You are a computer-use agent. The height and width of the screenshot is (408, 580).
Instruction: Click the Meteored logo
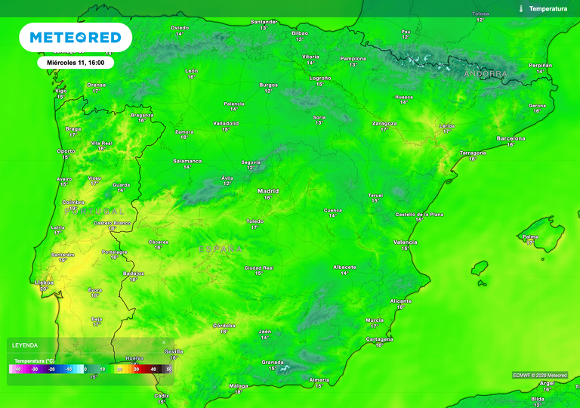coord(76,37)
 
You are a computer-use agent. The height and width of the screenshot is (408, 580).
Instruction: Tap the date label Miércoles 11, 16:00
coord(76,63)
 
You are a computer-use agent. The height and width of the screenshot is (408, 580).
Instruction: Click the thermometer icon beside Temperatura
coord(521,8)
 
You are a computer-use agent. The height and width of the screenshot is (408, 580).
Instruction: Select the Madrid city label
coord(268,191)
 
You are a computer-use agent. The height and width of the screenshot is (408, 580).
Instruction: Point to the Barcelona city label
coord(511,138)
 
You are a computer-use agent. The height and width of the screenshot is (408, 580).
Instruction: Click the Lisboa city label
coord(45,283)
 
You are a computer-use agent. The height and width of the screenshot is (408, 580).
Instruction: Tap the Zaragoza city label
coord(384,123)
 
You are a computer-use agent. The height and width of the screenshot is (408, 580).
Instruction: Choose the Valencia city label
coord(406,242)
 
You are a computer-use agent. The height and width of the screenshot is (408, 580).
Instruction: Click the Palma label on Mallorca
coord(531,236)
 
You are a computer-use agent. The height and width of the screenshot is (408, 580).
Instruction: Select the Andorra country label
coord(485,74)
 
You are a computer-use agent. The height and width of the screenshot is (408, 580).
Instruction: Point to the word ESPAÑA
coord(221,249)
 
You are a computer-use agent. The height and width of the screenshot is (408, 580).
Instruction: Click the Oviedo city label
coord(180,28)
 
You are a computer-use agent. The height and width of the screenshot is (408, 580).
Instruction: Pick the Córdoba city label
coord(224,326)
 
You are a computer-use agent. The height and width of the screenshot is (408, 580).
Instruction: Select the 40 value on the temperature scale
coord(153,369)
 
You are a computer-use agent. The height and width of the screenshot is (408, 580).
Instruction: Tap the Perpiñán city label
coord(540,66)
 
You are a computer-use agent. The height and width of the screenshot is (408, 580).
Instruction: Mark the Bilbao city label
coord(300,33)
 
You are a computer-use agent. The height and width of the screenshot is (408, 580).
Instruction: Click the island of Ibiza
coord(480,268)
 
